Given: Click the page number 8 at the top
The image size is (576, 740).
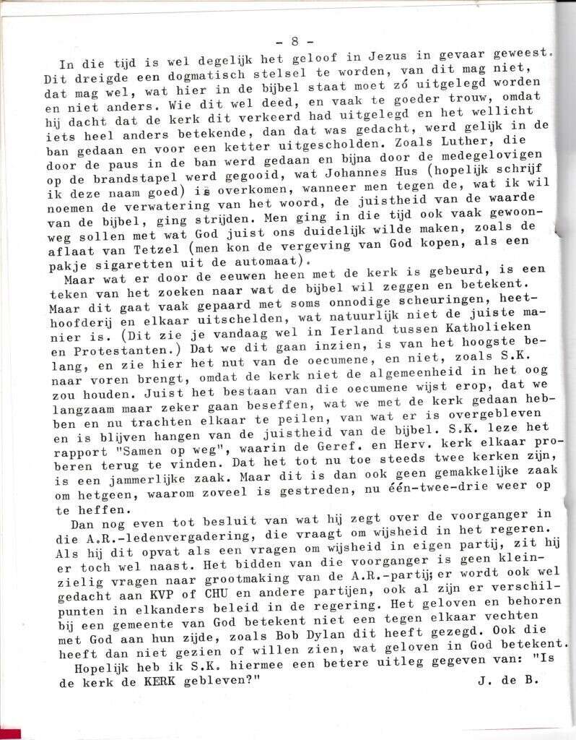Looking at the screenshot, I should [x=294, y=41].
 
